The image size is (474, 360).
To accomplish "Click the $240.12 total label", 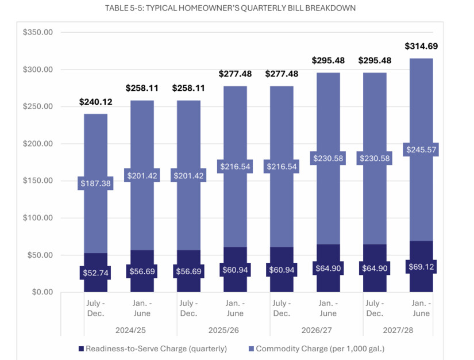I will coord(95,102).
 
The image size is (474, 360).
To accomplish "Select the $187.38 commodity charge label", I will coord(95,183).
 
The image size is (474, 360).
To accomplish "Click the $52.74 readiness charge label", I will coord(95,272).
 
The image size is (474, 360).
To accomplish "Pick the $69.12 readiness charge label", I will coord(421,266).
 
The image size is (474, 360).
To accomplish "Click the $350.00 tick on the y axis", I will coord(38,33).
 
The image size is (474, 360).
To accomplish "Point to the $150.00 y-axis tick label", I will coord(38,181).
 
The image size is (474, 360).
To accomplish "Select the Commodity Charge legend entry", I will coord(316,348).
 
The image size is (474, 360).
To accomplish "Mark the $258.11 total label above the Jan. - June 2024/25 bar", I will coord(142,88).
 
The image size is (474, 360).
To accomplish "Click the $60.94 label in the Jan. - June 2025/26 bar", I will coord(235,269).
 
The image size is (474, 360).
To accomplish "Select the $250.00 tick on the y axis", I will coord(38,107).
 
